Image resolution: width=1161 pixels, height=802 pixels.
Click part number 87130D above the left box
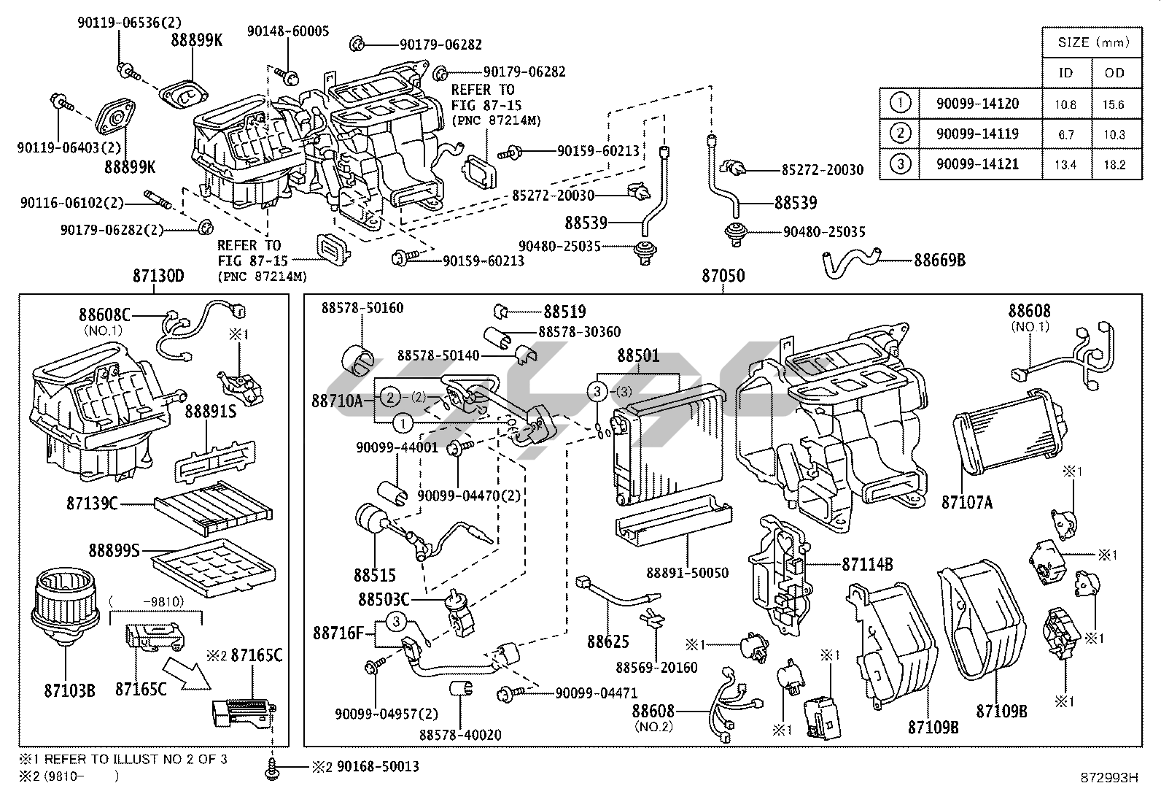tap(158, 276)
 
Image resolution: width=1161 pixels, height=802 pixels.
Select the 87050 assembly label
tap(723, 276)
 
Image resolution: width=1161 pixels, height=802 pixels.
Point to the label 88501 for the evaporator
tap(638, 356)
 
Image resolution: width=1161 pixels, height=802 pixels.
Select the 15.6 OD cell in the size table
tap(1114, 104)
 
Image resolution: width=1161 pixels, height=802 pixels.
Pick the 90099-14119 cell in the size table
tap(977, 134)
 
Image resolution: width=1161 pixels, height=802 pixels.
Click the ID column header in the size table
tap(1065, 72)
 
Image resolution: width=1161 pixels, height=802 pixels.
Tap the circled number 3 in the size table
tap(900, 164)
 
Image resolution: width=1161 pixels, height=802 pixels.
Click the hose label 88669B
tap(939, 260)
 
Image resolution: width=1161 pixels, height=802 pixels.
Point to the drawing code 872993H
tap(1111, 778)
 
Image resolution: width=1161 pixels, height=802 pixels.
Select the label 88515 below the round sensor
tap(374, 576)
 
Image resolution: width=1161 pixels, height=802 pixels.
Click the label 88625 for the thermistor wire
tap(609, 641)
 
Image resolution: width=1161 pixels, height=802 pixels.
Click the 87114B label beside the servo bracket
tap(867, 564)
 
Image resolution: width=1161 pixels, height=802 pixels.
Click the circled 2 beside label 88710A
tap(391, 397)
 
